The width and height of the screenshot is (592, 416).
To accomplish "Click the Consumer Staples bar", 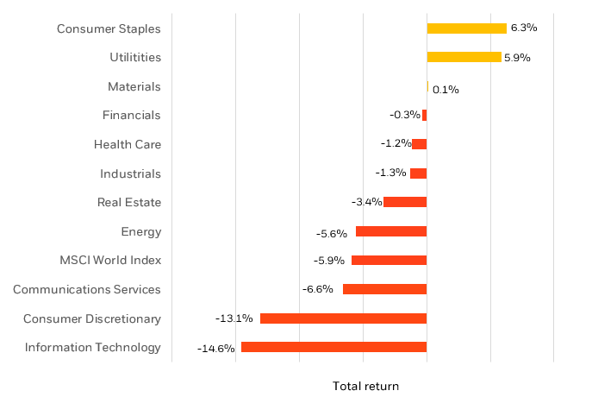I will (466, 28).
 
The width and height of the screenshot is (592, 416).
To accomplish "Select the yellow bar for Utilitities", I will (464, 57).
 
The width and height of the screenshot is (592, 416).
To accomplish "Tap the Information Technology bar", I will (333, 347).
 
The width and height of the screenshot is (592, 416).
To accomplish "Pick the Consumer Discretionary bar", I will (343, 318).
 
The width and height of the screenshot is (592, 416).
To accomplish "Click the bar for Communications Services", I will (384, 289).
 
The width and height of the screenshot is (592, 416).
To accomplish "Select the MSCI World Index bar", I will (389, 260).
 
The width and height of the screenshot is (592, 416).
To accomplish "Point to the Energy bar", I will (391, 231).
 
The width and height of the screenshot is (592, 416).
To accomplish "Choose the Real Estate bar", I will (405, 202).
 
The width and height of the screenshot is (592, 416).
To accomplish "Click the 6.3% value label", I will (523, 28).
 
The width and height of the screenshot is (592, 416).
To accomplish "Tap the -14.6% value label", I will (215, 349).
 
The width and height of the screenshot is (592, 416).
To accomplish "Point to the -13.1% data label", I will (234, 318).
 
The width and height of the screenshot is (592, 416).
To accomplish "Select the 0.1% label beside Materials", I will (445, 90).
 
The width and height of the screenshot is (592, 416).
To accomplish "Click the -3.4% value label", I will (366, 202).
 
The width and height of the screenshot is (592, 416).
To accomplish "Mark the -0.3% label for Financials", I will (404, 115).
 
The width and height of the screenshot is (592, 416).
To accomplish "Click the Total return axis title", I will (365, 387).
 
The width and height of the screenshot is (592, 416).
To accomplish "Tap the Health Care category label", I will (128, 144).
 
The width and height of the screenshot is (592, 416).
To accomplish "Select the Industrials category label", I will (130, 173).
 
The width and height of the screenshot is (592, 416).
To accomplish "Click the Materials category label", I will (134, 86).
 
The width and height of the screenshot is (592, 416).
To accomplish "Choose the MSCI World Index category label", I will (110, 260).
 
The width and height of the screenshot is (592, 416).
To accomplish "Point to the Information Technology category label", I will (92, 347).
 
